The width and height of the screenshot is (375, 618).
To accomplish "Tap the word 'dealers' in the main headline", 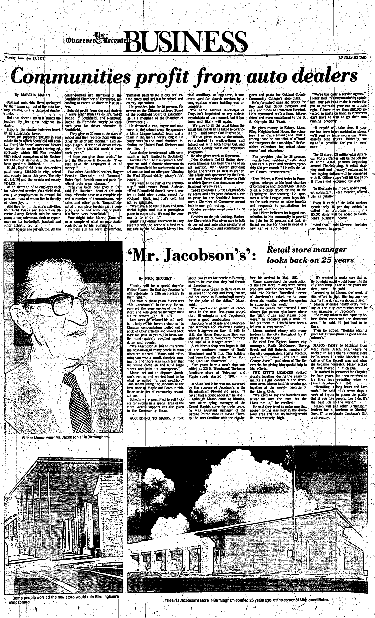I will point(326,76).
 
